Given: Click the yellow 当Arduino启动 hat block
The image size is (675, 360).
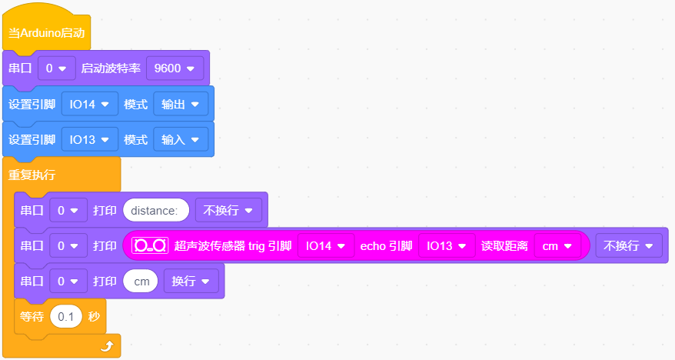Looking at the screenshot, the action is (x=46, y=32).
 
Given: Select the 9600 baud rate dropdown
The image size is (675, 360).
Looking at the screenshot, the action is (x=175, y=68).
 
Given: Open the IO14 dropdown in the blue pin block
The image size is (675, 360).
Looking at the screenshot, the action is (x=89, y=104).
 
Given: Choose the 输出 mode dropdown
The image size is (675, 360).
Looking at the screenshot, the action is (x=181, y=104).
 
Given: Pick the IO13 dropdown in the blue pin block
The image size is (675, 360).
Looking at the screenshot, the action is (x=89, y=139).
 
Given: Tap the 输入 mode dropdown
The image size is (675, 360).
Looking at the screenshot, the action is (x=181, y=139).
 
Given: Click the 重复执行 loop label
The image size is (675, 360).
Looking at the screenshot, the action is (x=32, y=175).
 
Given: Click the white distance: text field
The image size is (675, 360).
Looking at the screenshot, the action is (x=156, y=210).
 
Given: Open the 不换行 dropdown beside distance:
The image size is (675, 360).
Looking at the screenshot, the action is (x=228, y=210).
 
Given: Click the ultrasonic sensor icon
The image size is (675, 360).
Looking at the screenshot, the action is (x=150, y=245).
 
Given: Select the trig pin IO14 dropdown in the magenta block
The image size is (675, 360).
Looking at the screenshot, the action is (x=326, y=246).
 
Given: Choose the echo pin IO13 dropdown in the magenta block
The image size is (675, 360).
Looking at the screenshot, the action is (x=447, y=246).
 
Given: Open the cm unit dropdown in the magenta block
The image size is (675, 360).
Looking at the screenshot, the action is (x=557, y=246).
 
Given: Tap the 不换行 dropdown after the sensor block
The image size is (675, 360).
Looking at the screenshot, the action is (x=629, y=246).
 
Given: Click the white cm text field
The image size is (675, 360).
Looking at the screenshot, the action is (x=141, y=282).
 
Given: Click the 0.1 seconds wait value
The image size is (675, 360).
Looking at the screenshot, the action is (x=66, y=316).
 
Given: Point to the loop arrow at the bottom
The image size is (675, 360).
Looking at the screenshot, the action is (x=107, y=346).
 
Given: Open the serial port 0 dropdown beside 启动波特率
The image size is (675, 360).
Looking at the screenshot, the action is (x=56, y=68).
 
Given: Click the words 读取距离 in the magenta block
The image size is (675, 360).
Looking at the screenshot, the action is (x=504, y=246).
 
